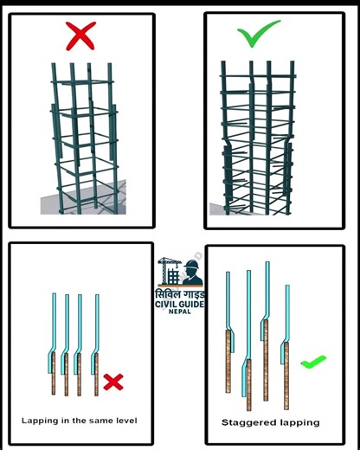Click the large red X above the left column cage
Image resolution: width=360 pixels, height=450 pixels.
pyautogui.click(x=80, y=36)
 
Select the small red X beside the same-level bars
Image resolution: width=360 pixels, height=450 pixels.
pyautogui.click(x=113, y=380)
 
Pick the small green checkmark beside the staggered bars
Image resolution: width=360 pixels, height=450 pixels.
pyautogui.click(x=312, y=361)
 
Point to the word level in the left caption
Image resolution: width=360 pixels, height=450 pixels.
pyautogui.click(x=122, y=420)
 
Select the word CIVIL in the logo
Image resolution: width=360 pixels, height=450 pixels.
pyautogui.click(x=166, y=303)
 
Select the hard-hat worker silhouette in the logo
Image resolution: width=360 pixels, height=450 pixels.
pyautogui.click(x=192, y=273)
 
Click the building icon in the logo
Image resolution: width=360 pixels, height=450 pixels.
pyautogui.click(x=173, y=277)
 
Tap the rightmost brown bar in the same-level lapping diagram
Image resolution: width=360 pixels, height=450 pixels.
pyautogui.click(x=96, y=374)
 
